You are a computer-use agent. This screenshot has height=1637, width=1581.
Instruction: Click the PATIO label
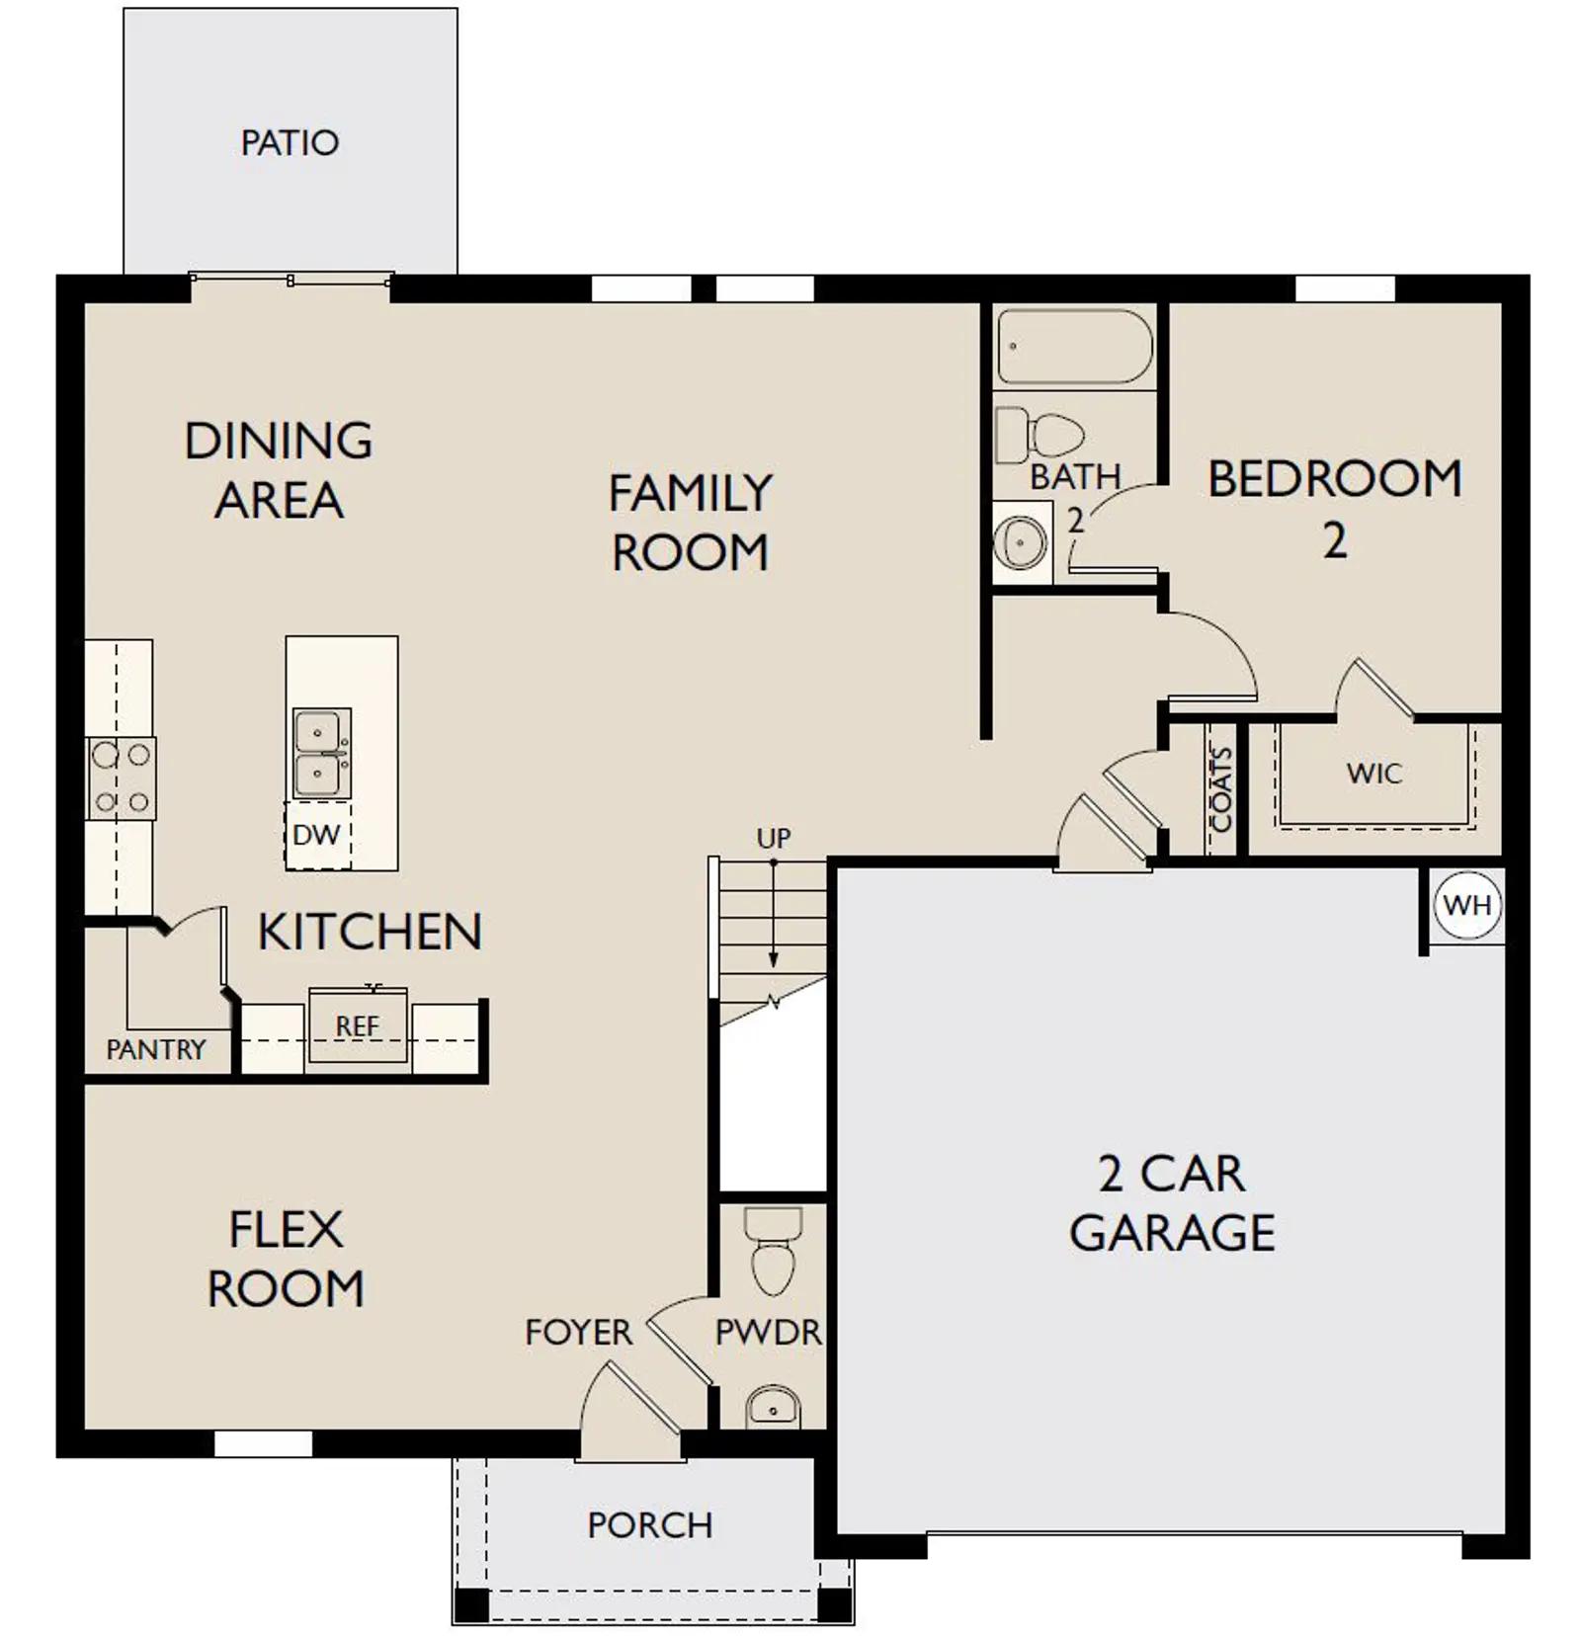[x=290, y=143]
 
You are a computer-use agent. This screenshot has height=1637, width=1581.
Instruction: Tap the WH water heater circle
[x=1467, y=905]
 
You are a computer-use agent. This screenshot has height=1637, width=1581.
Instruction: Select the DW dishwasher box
[x=317, y=835]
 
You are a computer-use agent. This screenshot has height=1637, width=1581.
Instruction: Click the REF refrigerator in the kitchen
[x=358, y=1025]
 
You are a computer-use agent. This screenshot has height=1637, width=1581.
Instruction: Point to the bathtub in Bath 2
[x=1075, y=347]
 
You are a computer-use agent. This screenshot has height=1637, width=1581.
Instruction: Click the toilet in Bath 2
[x=1040, y=436]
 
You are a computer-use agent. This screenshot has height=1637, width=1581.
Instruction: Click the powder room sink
[x=773, y=1405]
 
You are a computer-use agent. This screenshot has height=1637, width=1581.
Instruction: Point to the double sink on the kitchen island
[x=321, y=753]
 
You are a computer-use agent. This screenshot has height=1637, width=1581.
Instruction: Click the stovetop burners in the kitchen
[x=122, y=778]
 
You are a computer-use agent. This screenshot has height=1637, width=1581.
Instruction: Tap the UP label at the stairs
[x=774, y=839]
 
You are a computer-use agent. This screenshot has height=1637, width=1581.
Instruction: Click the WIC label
[x=1373, y=773]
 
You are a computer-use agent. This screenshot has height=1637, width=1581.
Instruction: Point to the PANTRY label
[x=156, y=1049]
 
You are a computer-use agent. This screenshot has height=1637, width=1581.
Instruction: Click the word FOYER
[x=578, y=1333]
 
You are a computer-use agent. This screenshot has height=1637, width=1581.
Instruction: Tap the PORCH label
[x=650, y=1525]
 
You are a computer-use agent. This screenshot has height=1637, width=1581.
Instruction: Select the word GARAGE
[x=1172, y=1232]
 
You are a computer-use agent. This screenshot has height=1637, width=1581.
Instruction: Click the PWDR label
[x=768, y=1333]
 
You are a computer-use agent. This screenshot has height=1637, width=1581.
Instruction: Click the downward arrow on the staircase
[x=774, y=914]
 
